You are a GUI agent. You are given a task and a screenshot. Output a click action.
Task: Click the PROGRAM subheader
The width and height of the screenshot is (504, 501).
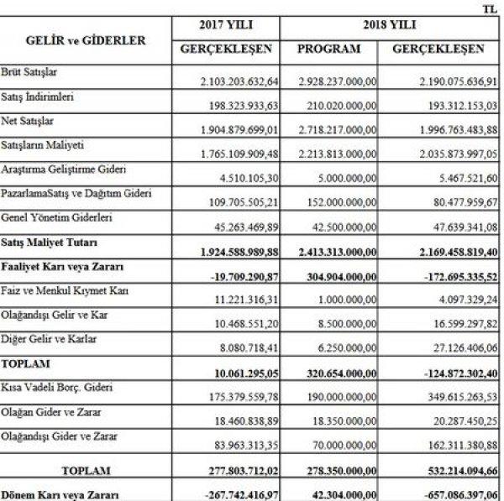[328, 48]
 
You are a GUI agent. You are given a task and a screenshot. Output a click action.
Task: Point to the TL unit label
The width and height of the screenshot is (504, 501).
[490, 8]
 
